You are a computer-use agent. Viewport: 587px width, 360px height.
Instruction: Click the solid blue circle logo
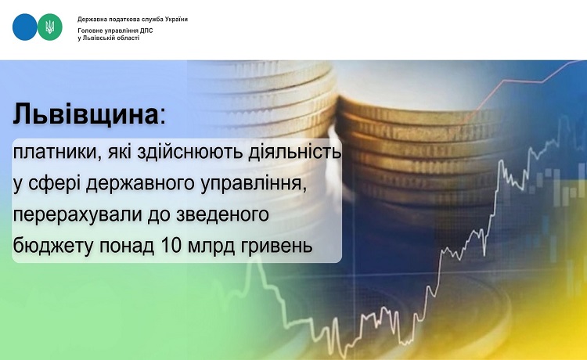25,27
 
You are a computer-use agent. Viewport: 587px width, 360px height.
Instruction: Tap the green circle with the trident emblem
50,27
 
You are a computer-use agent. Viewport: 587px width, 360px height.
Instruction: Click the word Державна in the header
89,19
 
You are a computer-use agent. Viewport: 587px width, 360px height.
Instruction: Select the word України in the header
176,19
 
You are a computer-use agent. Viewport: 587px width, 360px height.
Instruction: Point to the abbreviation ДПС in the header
147,31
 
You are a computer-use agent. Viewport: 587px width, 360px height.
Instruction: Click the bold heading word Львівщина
86,113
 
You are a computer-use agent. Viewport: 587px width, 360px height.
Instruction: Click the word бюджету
52,246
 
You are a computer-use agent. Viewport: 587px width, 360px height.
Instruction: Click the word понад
127,247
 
